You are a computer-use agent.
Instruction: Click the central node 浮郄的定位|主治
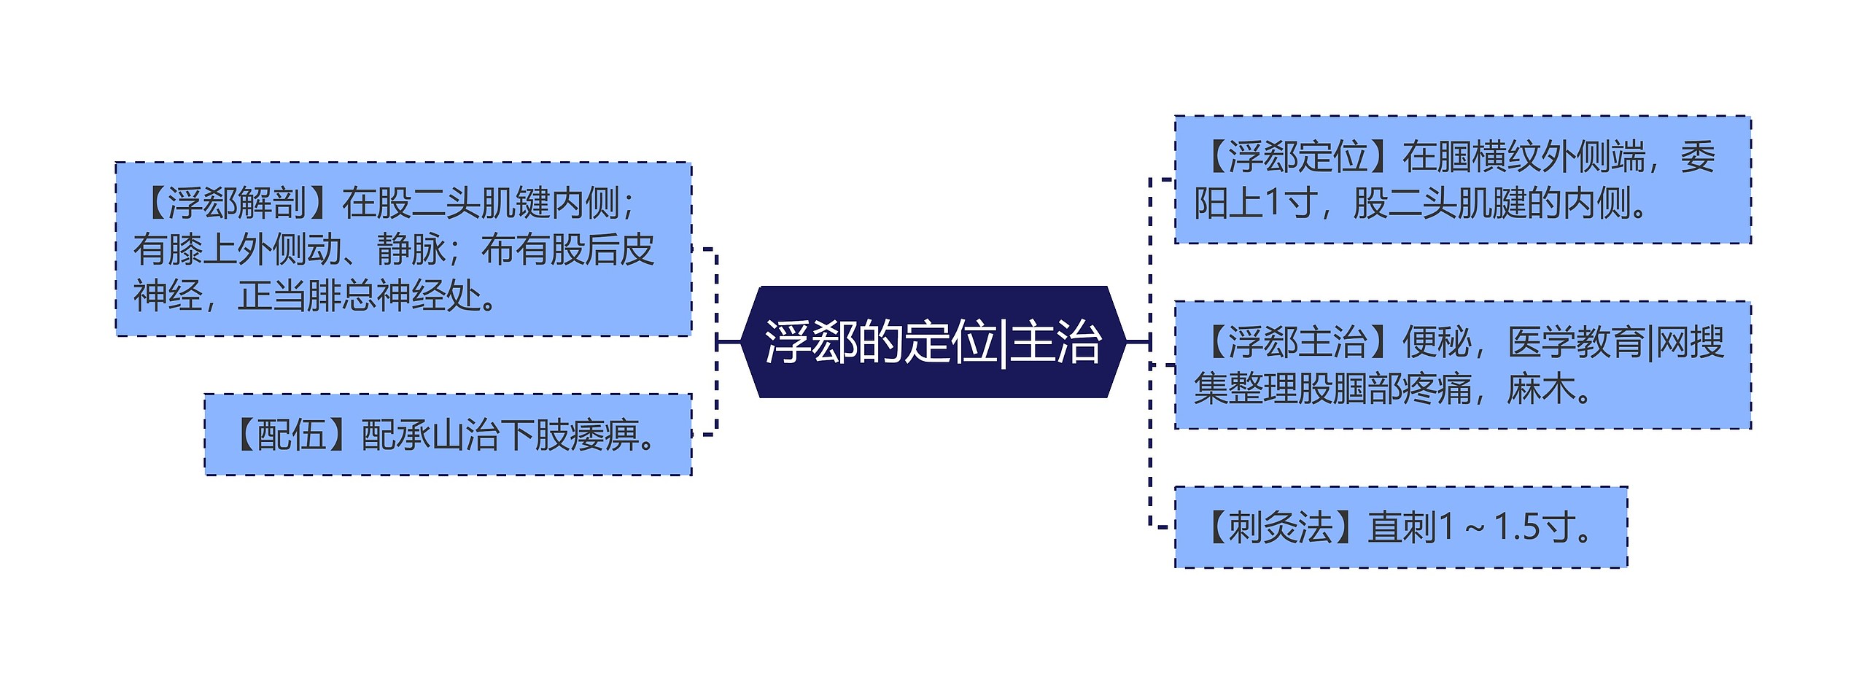click(933, 342)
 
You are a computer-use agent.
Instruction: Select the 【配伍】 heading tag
click(290, 435)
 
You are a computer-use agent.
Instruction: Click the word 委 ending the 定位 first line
click(1697, 157)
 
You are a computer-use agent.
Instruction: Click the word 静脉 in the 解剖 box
click(411, 250)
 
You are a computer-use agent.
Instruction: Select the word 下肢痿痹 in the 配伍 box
click(569, 435)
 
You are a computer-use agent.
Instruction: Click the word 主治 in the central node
click(1055, 342)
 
